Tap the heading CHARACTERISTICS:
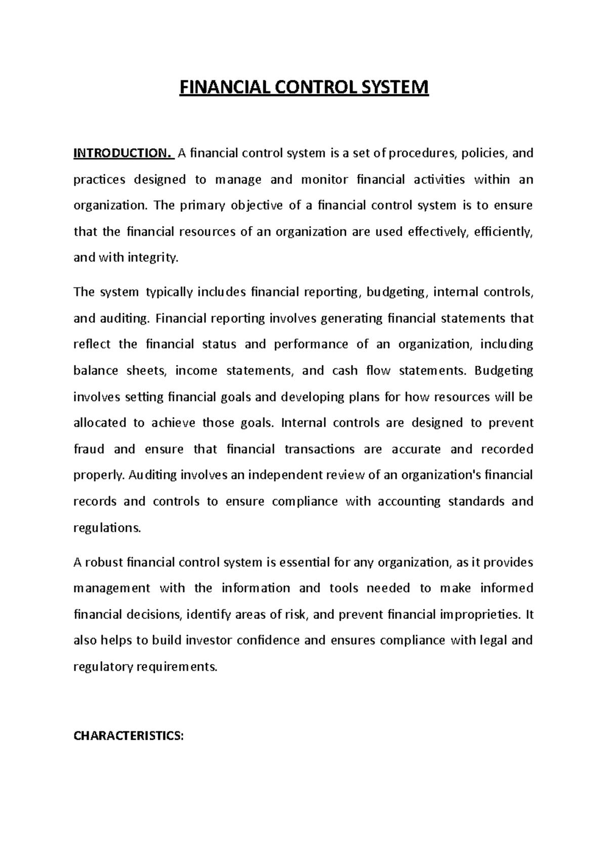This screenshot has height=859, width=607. [x=128, y=736]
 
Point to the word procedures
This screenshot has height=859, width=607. [x=422, y=153]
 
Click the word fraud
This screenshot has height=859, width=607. [x=89, y=449]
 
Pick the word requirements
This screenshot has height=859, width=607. [x=177, y=667]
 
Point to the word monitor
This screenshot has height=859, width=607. [x=324, y=180]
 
